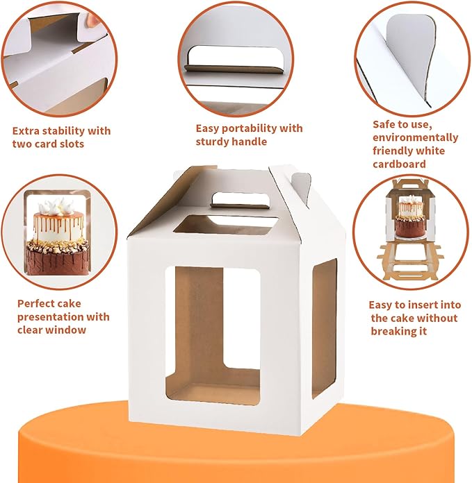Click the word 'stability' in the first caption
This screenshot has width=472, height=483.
click(x=60, y=130)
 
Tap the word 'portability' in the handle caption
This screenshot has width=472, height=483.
click(x=247, y=128)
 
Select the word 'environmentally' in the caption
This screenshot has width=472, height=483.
click(x=415, y=137)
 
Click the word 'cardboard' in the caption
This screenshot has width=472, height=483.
click(x=399, y=164)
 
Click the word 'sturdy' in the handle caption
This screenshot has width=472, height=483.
click(x=215, y=142)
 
